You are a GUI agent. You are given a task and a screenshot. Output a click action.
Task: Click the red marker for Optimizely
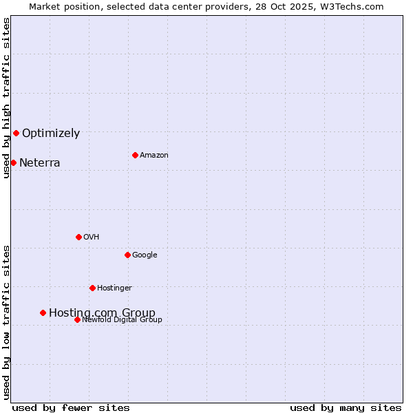pos(16,133)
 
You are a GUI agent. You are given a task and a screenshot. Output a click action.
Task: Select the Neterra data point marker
pos(13,162)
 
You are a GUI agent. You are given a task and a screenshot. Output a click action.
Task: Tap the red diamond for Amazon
pos(135,155)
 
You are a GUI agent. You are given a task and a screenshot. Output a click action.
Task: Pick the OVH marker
pos(78,237)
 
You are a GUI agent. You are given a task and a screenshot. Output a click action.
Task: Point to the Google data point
pos(127,255)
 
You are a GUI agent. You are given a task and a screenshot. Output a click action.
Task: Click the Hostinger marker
pos(92,288)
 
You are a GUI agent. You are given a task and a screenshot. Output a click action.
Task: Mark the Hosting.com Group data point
pos(43,313)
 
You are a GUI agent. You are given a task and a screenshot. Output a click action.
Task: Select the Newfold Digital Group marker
pos(77,319)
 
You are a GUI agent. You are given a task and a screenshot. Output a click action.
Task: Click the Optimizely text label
pos(51,134)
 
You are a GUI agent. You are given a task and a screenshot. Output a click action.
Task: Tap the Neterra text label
pos(39,163)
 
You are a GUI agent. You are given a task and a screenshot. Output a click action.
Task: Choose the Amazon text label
pos(154,156)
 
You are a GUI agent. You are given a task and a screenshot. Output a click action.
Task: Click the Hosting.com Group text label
pos(102,313)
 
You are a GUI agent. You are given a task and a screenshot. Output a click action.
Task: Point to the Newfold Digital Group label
pos(122,319)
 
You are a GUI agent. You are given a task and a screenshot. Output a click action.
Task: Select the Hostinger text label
pos(114,288)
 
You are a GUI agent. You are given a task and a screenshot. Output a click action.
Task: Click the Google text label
pos(145,255)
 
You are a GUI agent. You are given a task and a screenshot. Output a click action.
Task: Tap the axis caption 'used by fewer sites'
pos(71,407)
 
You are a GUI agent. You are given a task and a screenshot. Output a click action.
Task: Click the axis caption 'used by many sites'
pos(346,407)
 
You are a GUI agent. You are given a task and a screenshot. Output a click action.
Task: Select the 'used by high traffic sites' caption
pos(6,98)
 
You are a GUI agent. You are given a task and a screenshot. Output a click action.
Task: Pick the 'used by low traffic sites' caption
pos(6,322)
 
